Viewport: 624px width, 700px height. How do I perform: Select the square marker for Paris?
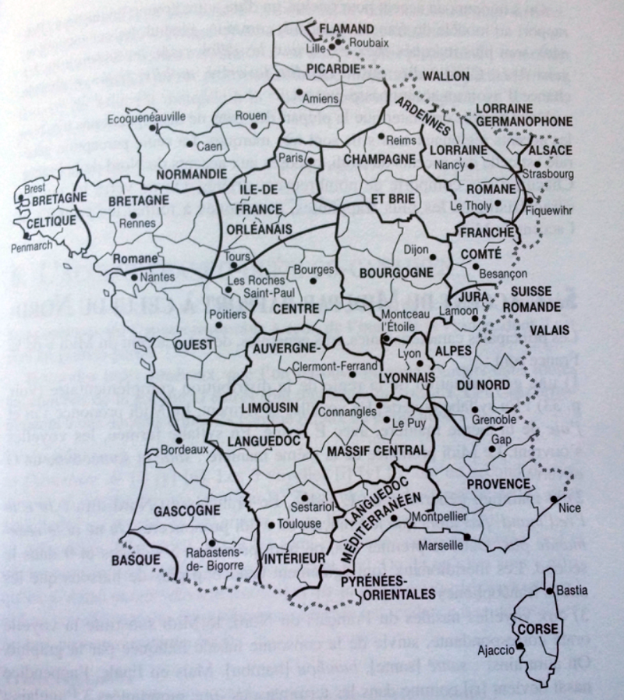click(310, 161)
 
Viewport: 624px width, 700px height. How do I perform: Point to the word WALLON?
click(445, 76)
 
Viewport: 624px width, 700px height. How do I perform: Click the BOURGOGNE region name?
click(396, 273)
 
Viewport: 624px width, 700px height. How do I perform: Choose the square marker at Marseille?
click(466, 537)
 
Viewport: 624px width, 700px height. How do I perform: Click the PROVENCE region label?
click(498, 484)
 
